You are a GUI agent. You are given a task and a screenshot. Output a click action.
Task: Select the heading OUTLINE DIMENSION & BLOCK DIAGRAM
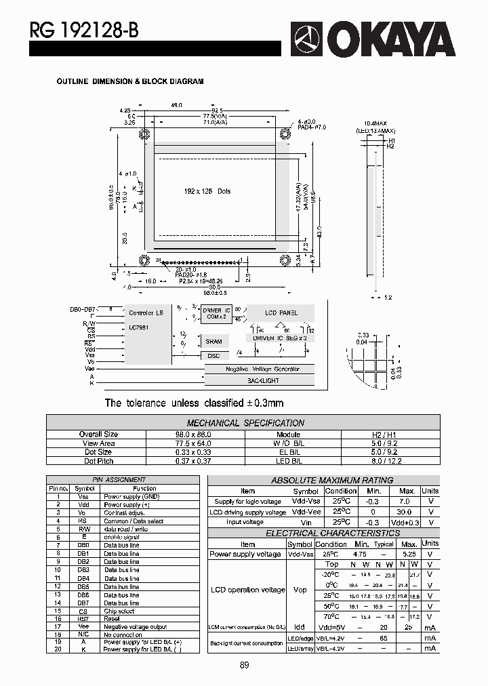(129, 81)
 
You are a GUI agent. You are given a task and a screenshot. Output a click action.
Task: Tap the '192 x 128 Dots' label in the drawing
(207, 191)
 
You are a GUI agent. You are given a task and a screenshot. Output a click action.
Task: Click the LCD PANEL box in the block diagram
(281, 313)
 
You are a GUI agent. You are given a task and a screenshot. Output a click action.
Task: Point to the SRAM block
(213, 341)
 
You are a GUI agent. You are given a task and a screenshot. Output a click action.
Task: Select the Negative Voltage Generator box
(262, 369)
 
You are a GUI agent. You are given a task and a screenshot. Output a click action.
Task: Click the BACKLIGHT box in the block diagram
(262, 381)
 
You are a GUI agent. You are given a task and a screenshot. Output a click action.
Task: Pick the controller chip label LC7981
(140, 327)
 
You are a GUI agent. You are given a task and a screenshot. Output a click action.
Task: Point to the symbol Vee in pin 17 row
(84, 626)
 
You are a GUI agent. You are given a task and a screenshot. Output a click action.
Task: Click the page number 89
(244, 665)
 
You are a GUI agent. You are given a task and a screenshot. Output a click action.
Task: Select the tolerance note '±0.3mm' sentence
(194, 403)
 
